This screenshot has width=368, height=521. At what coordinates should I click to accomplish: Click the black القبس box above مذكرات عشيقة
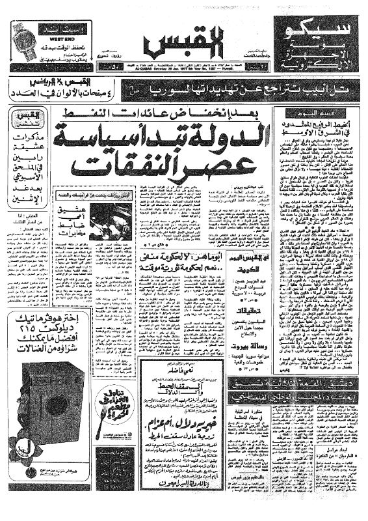click(24, 120)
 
